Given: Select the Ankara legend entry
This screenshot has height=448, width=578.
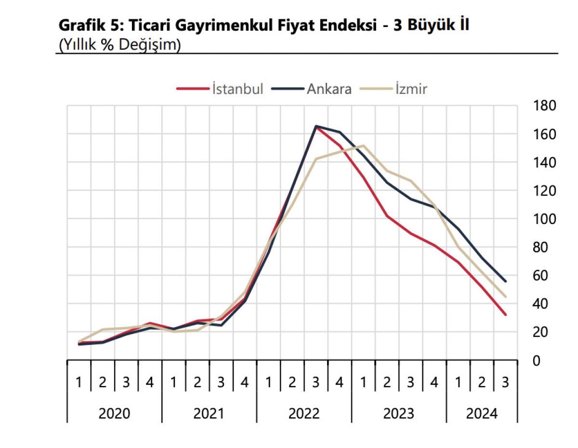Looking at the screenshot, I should (329, 89).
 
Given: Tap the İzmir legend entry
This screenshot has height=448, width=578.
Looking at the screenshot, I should (410, 89).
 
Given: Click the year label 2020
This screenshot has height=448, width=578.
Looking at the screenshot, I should (114, 414).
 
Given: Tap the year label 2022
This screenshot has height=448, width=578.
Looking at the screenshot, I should (304, 414).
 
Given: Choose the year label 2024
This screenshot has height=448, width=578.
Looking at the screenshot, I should (482, 414).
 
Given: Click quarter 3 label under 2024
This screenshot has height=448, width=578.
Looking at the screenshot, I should (505, 383).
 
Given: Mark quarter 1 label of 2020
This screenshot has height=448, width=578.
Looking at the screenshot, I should (79, 383).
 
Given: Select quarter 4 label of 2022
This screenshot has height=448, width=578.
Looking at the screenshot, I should (339, 383).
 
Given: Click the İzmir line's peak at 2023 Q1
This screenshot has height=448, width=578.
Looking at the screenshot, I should (363, 145).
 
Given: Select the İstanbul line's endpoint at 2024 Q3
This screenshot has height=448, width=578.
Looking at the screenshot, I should (505, 315).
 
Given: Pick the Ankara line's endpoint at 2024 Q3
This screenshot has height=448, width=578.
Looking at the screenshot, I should (505, 281).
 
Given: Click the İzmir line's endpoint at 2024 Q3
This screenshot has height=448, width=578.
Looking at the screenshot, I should (505, 297).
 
